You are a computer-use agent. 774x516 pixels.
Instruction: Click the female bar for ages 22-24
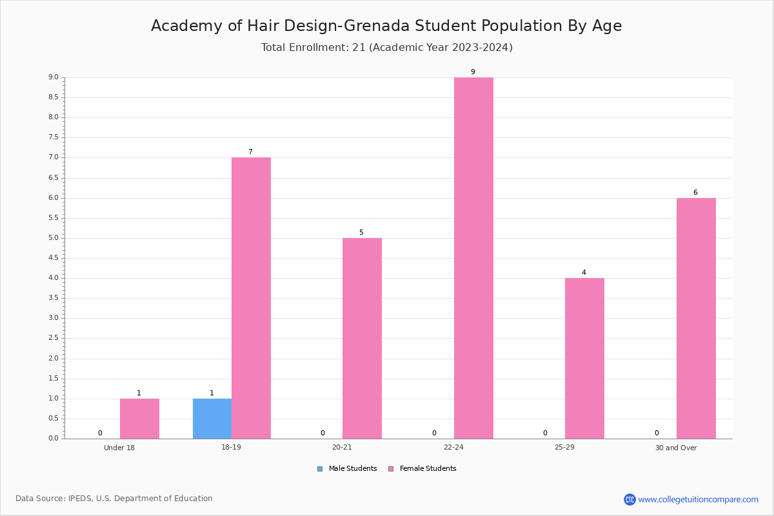click(x=473, y=258)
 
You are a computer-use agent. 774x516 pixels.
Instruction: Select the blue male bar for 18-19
click(x=212, y=419)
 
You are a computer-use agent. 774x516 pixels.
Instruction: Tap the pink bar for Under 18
click(x=139, y=419)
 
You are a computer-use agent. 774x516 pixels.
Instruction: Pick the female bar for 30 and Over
click(x=696, y=319)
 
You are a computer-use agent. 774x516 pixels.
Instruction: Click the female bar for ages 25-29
click(x=584, y=359)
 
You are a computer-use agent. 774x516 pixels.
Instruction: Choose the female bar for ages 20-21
click(x=362, y=339)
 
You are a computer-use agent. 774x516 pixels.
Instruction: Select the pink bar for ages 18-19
click(x=251, y=298)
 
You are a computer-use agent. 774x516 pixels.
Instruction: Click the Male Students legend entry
click(x=347, y=469)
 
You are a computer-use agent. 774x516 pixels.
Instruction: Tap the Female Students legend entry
click(x=422, y=469)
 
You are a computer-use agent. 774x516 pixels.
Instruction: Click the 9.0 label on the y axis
click(x=54, y=77)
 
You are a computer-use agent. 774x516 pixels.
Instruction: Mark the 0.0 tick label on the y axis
click(x=54, y=438)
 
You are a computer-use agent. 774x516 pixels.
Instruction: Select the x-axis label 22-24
click(x=453, y=447)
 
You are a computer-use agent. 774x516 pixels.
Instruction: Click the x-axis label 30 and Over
click(x=676, y=448)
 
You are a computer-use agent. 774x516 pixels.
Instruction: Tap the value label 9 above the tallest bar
click(x=473, y=72)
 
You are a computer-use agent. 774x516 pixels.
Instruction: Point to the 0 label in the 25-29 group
click(x=545, y=433)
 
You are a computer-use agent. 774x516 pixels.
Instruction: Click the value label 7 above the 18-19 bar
click(x=250, y=152)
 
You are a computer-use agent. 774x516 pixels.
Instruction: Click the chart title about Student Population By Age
click(x=386, y=26)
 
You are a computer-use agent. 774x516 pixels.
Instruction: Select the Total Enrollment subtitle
click(x=386, y=47)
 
